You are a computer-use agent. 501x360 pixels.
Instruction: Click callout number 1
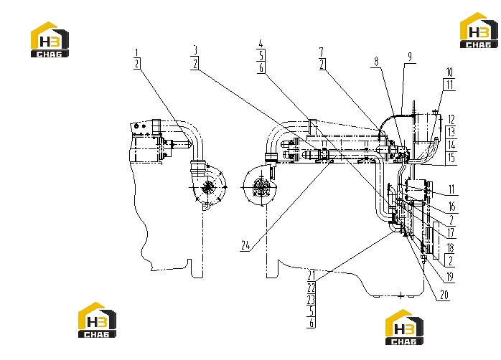(x=137, y=52)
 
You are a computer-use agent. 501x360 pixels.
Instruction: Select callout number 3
(x=195, y=50)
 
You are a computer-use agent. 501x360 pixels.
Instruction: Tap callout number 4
(x=261, y=44)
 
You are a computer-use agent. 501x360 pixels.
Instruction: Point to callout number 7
(x=322, y=52)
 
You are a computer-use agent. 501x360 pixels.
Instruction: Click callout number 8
(x=376, y=61)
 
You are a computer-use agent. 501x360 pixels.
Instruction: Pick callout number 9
(x=410, y=57)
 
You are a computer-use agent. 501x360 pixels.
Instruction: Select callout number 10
(x=449, y=72)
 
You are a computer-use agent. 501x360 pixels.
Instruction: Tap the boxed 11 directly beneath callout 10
(x=450, y=85)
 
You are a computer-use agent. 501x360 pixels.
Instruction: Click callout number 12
(x=451, y=120)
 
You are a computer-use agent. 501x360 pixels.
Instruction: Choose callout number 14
(x=451, y=145)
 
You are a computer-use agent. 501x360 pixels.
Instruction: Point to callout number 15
(x=451, y=158)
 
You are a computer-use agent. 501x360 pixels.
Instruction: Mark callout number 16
(x=451, y=207)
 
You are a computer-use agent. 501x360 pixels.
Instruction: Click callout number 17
(x=451, y=233)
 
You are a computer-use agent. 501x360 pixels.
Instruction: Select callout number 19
(x=450, y=277)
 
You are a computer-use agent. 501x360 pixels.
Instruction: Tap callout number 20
(x=444, y=295)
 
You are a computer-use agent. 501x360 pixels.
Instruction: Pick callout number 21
(x=312, y=275)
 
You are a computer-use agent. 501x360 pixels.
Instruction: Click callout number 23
(x=312, y=300)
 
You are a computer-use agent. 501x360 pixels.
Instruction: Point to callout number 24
(x=245, y=245)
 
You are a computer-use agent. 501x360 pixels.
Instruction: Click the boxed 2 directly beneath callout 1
(x=137, y=64)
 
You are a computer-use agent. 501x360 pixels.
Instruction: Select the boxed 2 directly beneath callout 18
(x=451, y=260)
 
